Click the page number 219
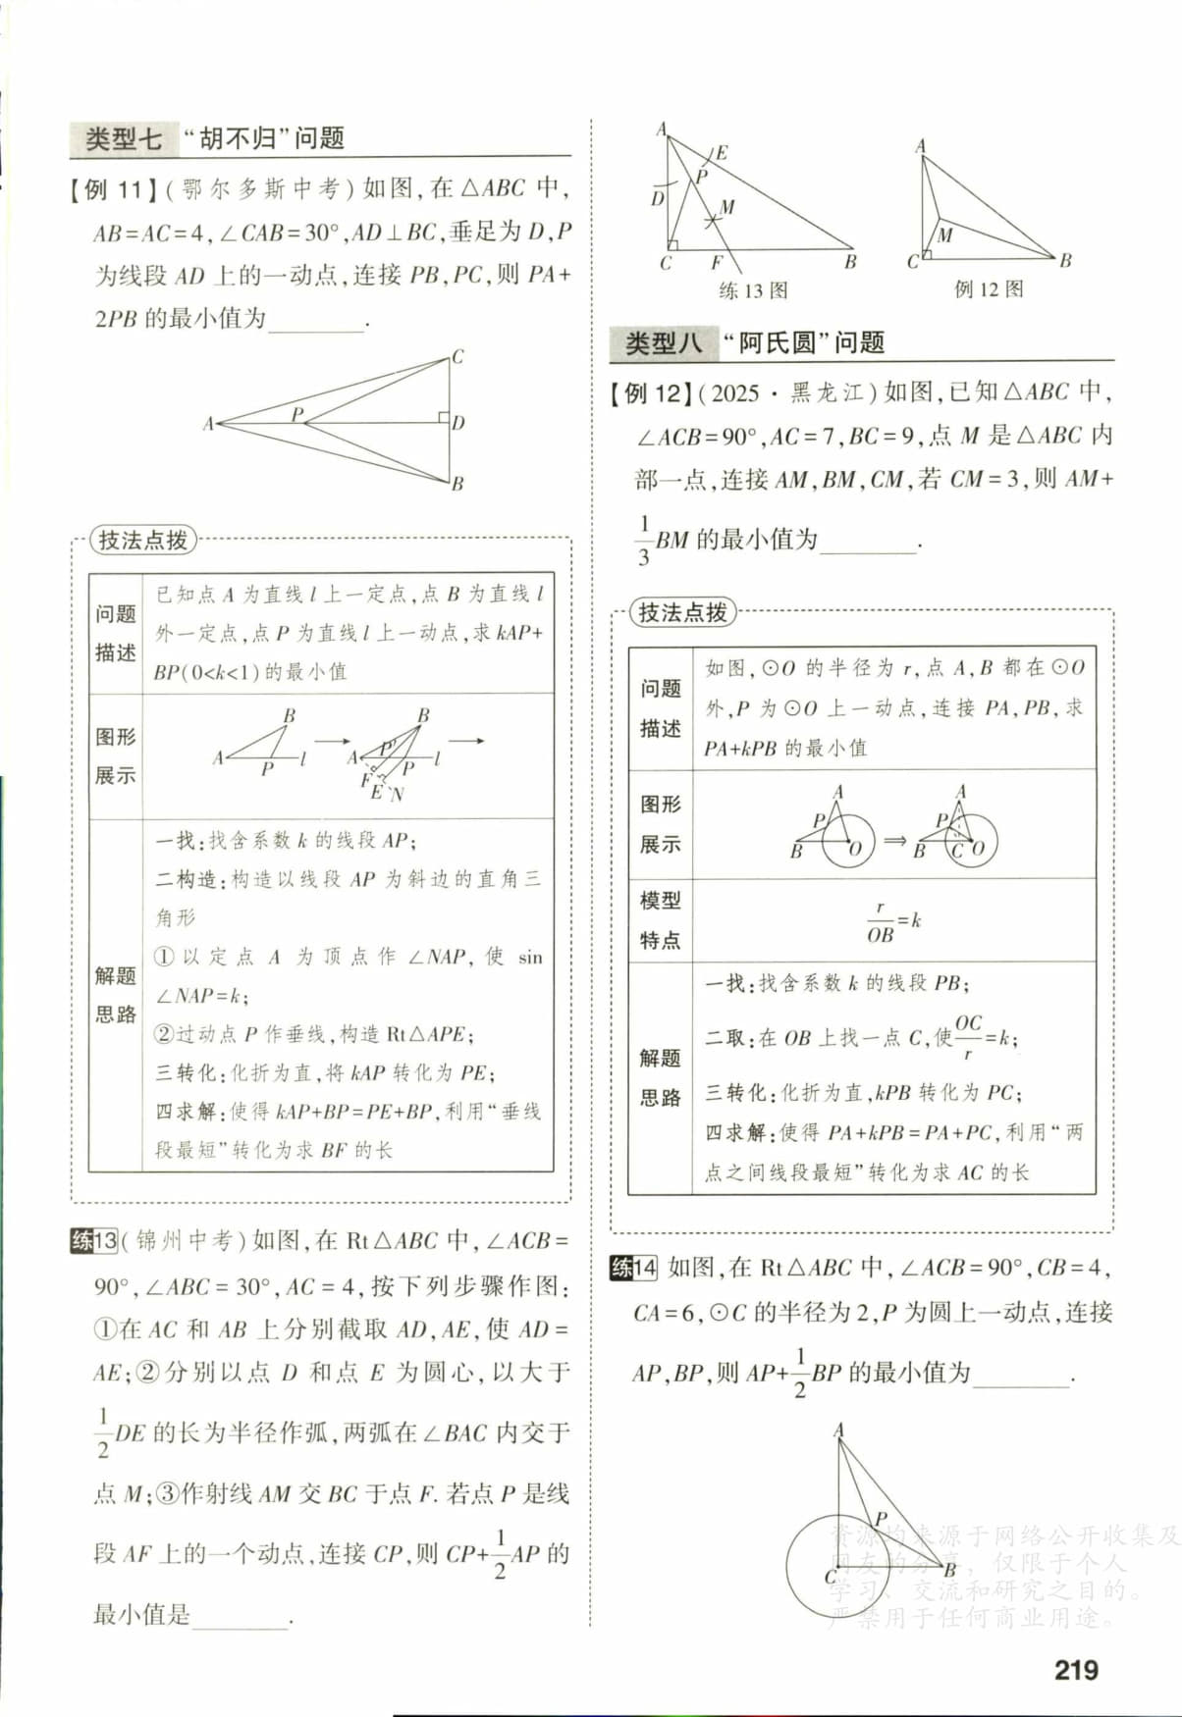pyautogui.click(x=1076, y=1669)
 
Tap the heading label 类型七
pyautogui.click(x=124, y=138)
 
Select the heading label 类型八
pyautogui.click(x=664, y=342)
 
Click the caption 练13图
pyautogui.click(x=753, y=290)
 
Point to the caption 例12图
pyautogui.click(x=988, y=288)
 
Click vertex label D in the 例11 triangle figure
pyautogui.click(x=458, y=423)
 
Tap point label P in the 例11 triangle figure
pyautogui.click(x=296, y=414)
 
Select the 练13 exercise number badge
pyautogui.click(x=94, y=1241)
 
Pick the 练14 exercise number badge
pyautogui.click(x=633, y=1267)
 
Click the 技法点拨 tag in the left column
pyautogui.click(x=143, y=540)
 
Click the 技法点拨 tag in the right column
pyautogui.click(x=683, y=612)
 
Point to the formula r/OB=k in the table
pyautogui.click(x=893, y=921)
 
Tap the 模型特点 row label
pyautogui.click(x=660, y=920)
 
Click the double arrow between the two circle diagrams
pyautogui.click(x=894, y=841)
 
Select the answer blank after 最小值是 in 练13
pyautogui.click(x=241, y=1616)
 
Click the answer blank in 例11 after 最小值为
pyautogui.click(x=316, y=320)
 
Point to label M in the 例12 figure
pyautogui.click(x=944, y=235)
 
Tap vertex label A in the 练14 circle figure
pyautogui.click(x=838, y=1430)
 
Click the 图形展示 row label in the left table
pyautogui.click(x=115, y=755)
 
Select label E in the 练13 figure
pyautogui.click(x=722, y=153)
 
